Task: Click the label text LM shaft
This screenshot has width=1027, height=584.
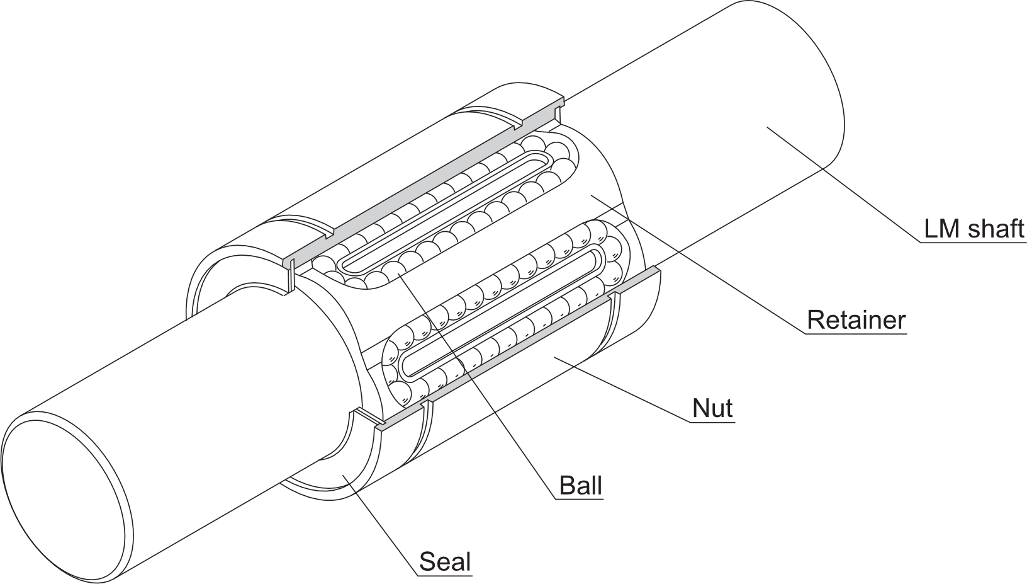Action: [974, 229]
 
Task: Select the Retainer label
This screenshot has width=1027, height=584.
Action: [856, 320]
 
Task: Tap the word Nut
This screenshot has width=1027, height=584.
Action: [712, 408]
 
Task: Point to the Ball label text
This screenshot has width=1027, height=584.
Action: [580, 485]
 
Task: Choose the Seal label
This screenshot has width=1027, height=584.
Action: [445, 561]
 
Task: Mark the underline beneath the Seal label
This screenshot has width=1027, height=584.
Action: [445, 575]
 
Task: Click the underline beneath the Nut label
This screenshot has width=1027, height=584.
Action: [712, 421]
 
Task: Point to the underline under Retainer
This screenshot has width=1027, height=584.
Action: [856, 334]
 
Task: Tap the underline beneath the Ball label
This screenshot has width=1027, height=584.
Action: [580, 498]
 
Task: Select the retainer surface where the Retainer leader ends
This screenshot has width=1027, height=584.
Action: [592, 196]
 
